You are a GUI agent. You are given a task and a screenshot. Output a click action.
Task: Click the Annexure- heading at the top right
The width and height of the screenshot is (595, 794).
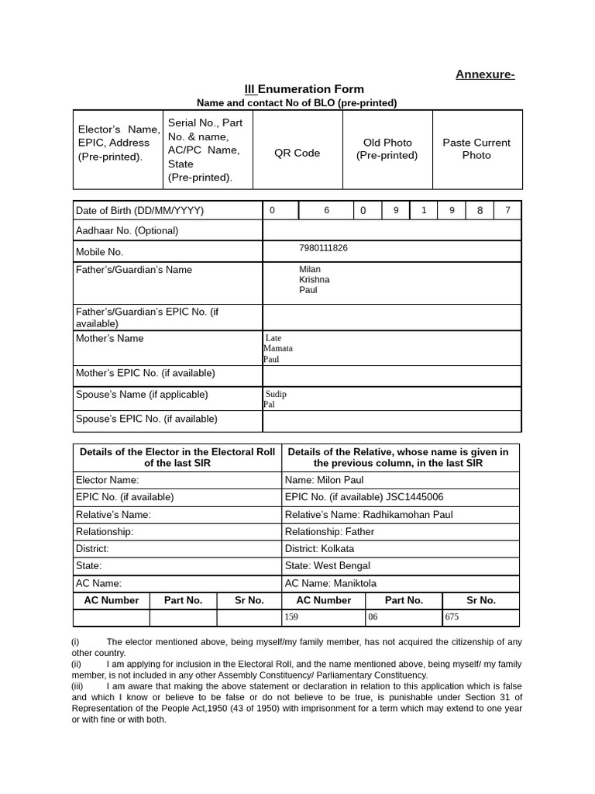(484, 74)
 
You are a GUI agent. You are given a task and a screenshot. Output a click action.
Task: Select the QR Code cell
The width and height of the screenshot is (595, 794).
(297, 153)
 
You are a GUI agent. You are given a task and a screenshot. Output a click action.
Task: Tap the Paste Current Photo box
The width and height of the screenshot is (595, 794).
(476, 149)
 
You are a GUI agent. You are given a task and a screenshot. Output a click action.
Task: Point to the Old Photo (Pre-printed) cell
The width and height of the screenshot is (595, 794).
(387, 149)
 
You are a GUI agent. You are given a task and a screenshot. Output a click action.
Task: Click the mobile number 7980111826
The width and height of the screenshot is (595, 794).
(323, 248)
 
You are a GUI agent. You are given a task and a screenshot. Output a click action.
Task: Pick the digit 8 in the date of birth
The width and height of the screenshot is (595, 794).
(480, 210)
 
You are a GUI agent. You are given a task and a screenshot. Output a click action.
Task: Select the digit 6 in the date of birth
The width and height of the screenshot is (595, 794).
(326, 210)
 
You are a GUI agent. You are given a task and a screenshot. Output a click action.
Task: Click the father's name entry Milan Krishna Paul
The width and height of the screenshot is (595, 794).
(315, 280)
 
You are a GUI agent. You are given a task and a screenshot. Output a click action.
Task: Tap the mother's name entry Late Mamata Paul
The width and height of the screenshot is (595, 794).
(278, 349)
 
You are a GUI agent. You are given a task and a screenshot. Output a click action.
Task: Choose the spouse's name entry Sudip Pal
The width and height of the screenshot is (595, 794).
(276, 399)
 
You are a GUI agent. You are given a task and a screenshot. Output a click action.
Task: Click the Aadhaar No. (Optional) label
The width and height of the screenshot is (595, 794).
(127, 231)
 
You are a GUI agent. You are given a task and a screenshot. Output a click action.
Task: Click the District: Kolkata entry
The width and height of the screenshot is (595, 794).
(319, 548)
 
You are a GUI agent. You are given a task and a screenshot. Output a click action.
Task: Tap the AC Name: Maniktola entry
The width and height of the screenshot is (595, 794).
(330, 583)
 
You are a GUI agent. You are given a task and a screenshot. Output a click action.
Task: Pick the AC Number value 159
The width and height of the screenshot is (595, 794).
(291, 618)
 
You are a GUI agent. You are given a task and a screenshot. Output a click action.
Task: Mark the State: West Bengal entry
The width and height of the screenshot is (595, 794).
(327, 566)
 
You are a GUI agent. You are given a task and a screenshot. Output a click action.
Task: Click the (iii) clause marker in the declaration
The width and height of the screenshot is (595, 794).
(77, 686)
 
